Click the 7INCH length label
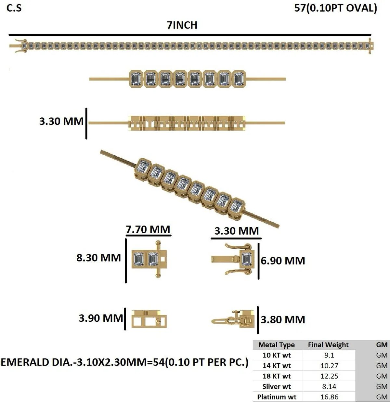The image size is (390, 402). [182, 25]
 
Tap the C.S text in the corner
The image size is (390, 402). [14, 8]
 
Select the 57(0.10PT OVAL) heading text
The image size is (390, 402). [335, 8]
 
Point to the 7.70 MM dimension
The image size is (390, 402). [148, 229]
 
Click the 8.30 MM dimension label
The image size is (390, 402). [98, 258]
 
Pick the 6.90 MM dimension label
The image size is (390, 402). [283, 261]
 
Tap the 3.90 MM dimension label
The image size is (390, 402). [101, 318]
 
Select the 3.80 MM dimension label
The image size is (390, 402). [283, 319]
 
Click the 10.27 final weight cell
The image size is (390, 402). [329, 366]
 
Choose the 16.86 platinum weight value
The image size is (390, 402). [329, 397]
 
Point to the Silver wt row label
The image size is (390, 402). [277, 386]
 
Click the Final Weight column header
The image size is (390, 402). [328, 345]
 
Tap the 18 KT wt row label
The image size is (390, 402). [277, 376]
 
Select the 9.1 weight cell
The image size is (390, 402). [329, 355]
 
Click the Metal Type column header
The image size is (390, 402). [277, 345]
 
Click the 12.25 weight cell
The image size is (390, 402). [329, 376]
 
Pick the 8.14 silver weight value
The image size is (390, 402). [329, 386]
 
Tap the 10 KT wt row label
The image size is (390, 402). [277, 355]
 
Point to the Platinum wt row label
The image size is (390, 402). [277, 397]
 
